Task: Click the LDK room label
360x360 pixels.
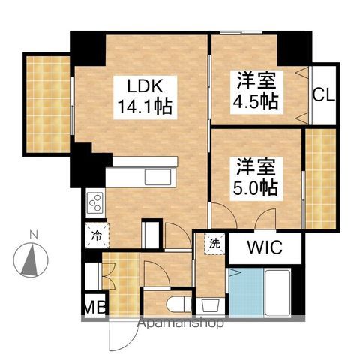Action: click(142, 85)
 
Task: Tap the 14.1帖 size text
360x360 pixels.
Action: click(143, 106)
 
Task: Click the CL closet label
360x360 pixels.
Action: click(324, 95)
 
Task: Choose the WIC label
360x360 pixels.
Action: click(264, 248)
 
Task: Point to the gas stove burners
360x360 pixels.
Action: click(95, 202)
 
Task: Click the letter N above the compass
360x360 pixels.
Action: click(32, 235)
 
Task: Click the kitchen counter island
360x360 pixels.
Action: click(141, 178)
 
